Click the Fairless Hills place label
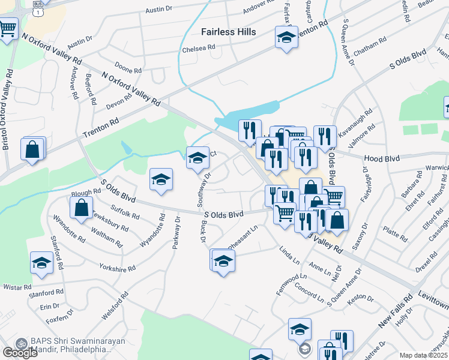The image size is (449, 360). [228, 32]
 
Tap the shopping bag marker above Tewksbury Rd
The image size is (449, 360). [82, 208]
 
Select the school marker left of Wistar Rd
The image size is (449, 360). [41, 263]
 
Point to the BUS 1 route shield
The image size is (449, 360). [38, 8]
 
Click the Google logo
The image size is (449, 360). [20, 353]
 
